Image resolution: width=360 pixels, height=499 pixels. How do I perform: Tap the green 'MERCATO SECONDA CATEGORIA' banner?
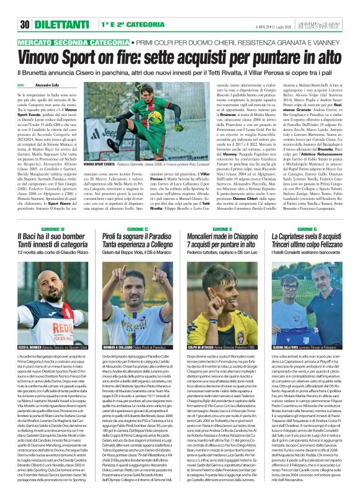click(x=68, y=45)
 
